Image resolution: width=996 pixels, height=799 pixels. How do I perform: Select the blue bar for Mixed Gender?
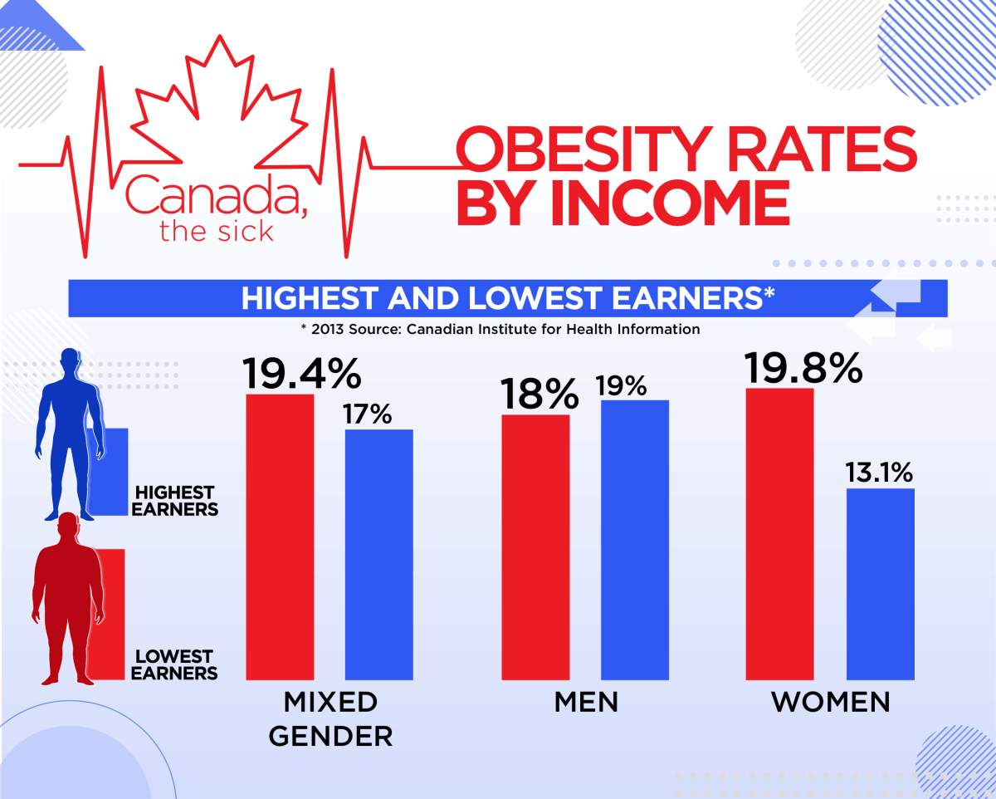[378, 555]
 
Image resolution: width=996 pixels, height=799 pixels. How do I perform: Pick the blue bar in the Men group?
[635, 540]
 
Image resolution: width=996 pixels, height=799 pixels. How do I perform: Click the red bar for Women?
[780, 534]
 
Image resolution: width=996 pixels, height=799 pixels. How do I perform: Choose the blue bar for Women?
[880, 584]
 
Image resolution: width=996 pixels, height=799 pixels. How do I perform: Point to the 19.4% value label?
[301, 373]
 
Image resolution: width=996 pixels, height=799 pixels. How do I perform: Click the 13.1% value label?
[879, 473]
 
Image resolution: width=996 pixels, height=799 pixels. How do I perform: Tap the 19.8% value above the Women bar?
[803, 367]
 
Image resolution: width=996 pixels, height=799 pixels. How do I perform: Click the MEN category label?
[586, 702]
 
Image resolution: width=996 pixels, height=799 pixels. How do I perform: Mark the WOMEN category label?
[830, 702]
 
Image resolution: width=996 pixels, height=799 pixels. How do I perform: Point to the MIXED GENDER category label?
[330, 718]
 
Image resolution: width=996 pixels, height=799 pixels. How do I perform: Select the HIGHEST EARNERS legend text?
[175, 501]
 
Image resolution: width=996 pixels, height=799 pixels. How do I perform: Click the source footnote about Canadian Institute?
[500, 329]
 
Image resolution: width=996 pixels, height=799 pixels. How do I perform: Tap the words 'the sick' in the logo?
[216, 230]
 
